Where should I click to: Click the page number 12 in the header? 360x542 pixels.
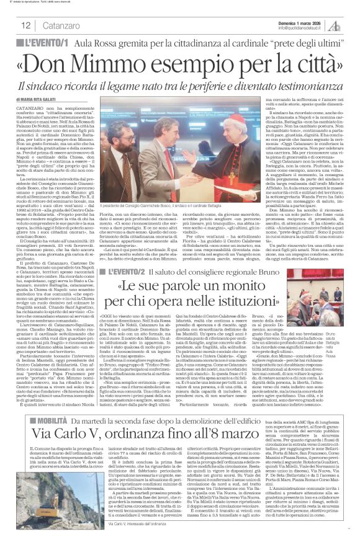point(26,25)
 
